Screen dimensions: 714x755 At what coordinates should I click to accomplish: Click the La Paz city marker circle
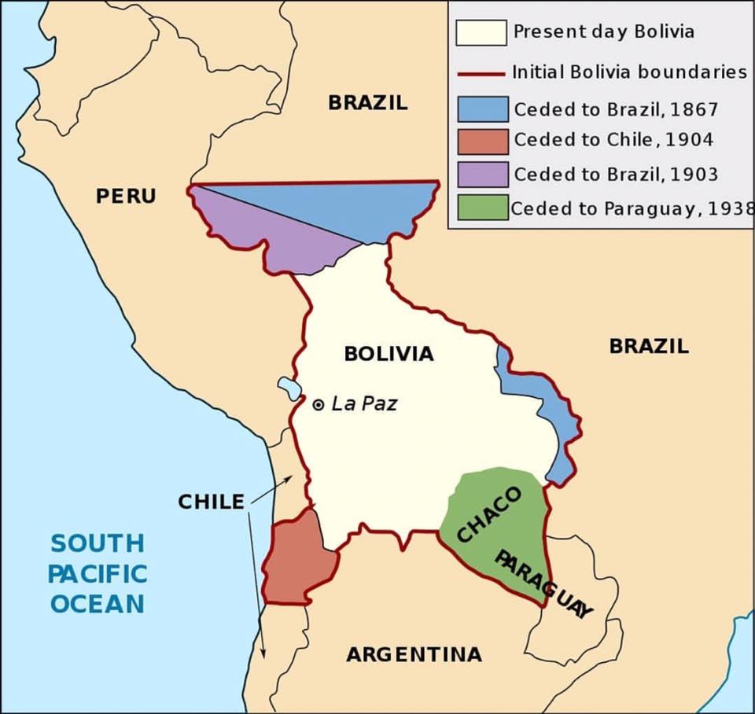point(319,405)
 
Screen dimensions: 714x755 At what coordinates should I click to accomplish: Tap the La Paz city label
point(364,404)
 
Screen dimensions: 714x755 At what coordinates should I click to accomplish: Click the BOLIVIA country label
point(389,354)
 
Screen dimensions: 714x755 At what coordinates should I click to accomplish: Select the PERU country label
point(126,196)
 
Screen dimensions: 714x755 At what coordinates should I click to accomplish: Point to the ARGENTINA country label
point(414,654)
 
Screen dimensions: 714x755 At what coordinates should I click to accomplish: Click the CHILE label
point(211,502)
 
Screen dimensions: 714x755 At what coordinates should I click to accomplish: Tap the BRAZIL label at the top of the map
point(368,102)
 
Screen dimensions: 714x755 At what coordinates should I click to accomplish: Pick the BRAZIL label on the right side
point(649,345)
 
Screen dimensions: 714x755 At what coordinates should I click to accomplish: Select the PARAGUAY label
point(543,584)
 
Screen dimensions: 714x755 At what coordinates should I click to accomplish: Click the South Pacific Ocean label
point(98,573)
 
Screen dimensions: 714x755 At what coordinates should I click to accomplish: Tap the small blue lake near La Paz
point(289,388)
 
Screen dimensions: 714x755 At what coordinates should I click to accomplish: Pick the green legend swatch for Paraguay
point(481,208)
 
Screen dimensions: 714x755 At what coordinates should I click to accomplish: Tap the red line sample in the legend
point(481,73)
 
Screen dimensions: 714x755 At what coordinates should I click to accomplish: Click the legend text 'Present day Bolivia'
point(603,32)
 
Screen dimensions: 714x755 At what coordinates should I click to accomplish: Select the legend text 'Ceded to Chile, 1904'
point(613,140)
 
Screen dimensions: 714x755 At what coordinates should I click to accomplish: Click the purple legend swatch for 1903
point(481,175)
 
